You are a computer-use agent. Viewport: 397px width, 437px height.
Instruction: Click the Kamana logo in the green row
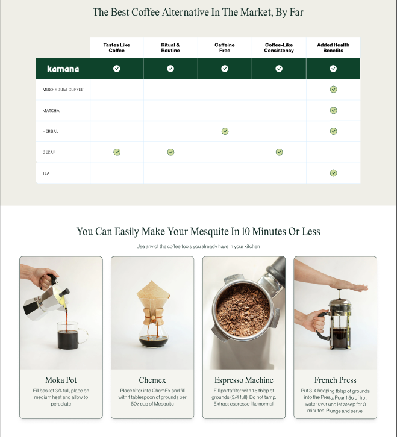(63, 69)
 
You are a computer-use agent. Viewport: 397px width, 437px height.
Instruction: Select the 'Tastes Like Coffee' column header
(116, 48)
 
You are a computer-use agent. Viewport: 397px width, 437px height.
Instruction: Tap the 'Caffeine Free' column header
(225, 48)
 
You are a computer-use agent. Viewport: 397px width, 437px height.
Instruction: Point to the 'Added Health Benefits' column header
(333, 48)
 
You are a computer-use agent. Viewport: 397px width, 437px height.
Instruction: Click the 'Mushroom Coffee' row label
(63, 90)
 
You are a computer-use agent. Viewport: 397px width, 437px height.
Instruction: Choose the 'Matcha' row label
(51, 111)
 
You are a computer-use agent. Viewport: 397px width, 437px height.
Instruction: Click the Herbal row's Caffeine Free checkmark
(225, 131)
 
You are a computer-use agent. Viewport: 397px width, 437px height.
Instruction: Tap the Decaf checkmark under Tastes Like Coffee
(117, 152)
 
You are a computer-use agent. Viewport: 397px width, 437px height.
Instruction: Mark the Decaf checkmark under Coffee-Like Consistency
(279, 152)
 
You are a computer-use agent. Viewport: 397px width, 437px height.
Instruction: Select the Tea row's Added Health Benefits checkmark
(333, 173)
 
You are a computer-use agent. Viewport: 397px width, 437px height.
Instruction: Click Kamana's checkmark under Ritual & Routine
(170, 69)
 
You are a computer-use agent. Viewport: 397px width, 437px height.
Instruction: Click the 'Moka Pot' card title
(61, 380)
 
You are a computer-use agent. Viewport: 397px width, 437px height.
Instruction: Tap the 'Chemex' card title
(152, 380)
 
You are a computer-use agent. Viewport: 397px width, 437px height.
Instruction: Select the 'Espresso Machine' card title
(243, 380)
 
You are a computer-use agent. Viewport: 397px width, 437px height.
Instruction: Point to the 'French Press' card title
(335, 380)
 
